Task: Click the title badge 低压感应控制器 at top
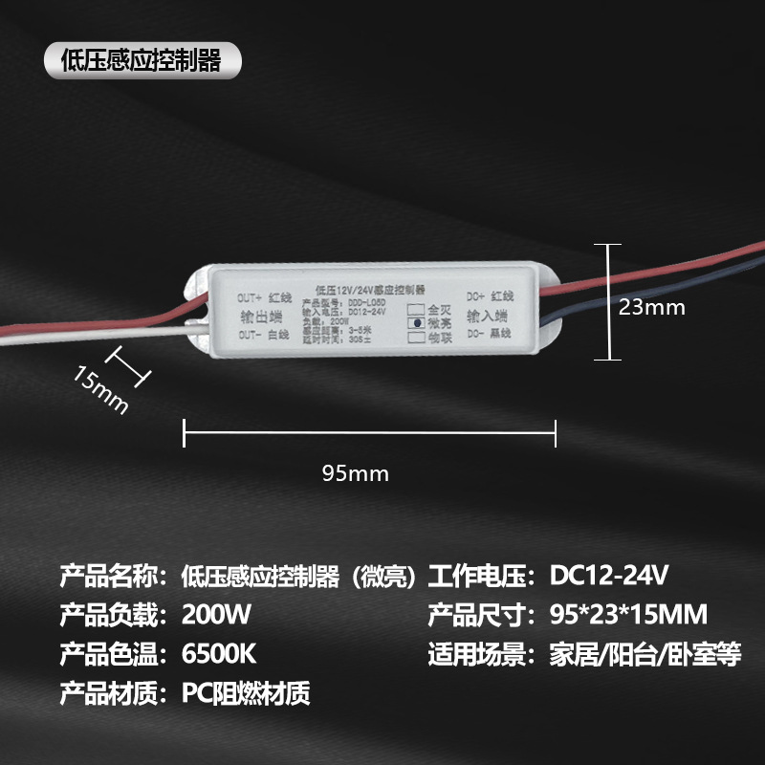pos(141,61)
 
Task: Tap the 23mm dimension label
pos(652,307)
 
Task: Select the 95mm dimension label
pos(356,472)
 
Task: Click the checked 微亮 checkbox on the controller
pos(415,323)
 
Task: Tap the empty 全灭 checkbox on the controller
pos(415,310)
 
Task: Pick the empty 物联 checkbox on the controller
pos(415,337)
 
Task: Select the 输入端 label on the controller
pos(488,315)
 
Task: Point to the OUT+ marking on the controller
pos(251,297)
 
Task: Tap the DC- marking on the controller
pos(476,333)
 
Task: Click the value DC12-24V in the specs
pos(609,577)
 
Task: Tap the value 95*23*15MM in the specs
pos(629,613)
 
